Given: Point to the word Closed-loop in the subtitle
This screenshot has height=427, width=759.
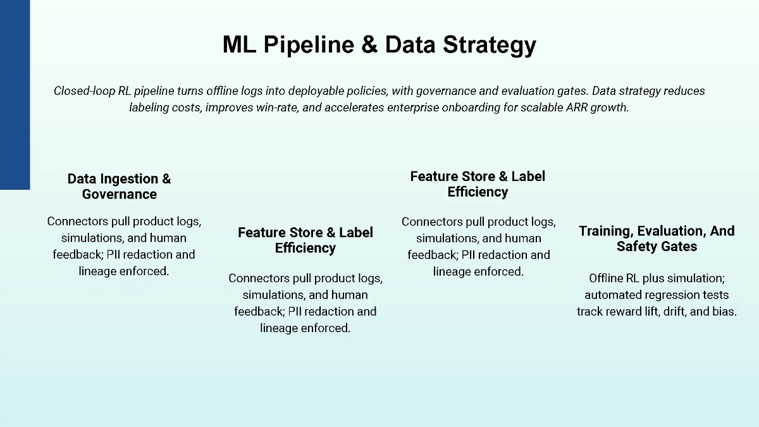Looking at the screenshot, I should [84, 91].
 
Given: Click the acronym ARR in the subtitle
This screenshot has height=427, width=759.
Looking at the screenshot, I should [571, 108].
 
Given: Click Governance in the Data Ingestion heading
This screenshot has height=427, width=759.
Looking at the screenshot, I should [120, 194].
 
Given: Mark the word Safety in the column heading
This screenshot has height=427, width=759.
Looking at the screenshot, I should [636, 247].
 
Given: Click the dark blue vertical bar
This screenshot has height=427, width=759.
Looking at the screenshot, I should [15, 95].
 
